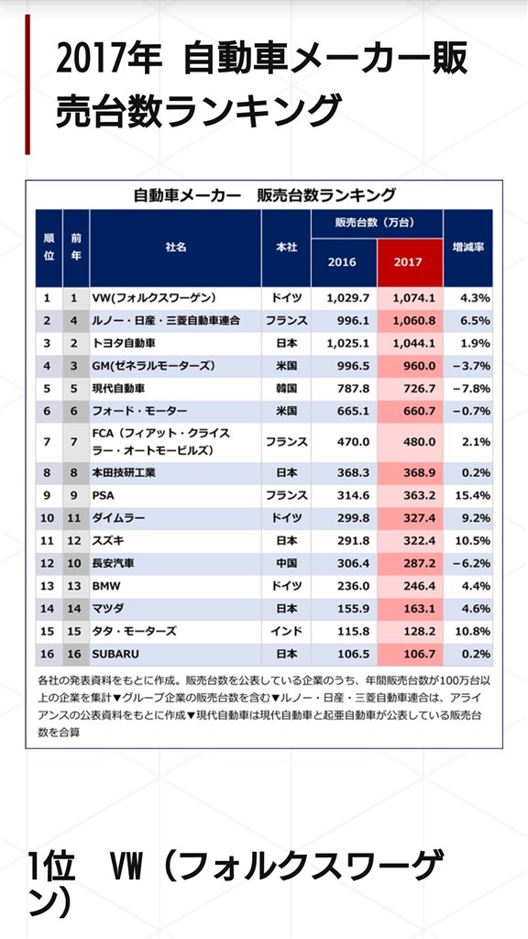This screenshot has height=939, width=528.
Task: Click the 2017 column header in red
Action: point(409,261)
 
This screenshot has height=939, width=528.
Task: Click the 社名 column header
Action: point(175,248)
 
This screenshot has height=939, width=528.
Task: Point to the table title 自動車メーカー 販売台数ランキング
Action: point(264,194)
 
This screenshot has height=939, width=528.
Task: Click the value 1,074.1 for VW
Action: point(409,299)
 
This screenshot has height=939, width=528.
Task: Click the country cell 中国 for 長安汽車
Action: point(286,563)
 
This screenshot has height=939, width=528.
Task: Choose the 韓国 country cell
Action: point(286,387)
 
